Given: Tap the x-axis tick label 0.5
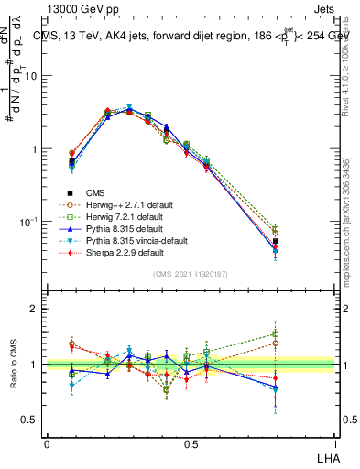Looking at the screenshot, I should (x=190, y=442).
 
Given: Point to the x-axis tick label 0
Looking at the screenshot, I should (x=47, y=442).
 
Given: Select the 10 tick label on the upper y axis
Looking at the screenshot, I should (x=30, y=76).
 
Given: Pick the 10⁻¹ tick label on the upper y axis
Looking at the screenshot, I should (x=28, y=223).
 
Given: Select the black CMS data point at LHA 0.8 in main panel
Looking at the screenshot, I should (x=276, y=242).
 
